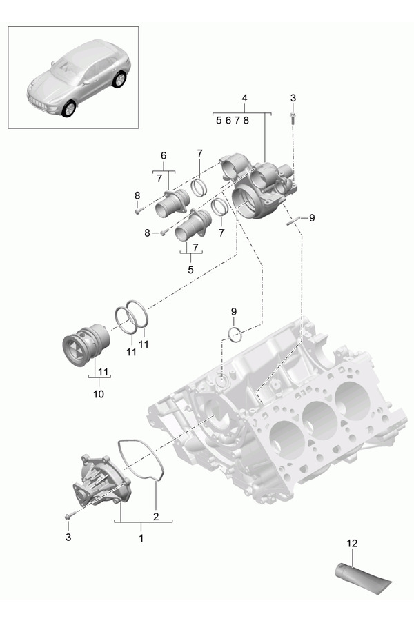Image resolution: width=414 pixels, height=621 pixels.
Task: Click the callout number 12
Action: pos(353,544)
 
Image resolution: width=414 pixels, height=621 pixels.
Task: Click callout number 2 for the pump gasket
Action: pos(156,516)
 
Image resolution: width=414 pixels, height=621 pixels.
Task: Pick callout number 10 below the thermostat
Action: pos(98,394)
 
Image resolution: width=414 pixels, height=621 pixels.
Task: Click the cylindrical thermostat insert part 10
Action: pos(83,345)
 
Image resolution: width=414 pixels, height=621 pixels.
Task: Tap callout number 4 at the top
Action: pos(244,99)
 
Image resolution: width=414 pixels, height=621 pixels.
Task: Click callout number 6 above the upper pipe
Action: pos(164,155)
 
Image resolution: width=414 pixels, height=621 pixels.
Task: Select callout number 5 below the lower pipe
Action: pos(190,270)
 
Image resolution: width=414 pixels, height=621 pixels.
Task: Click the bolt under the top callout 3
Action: pos(293,119)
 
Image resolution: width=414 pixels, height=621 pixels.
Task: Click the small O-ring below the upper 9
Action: pos(235,335)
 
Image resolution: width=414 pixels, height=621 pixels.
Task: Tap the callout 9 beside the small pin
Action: pos(311,217)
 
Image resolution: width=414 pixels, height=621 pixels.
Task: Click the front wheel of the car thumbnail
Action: pos(69,109)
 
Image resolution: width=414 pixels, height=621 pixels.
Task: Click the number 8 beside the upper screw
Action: pos(137,196)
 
